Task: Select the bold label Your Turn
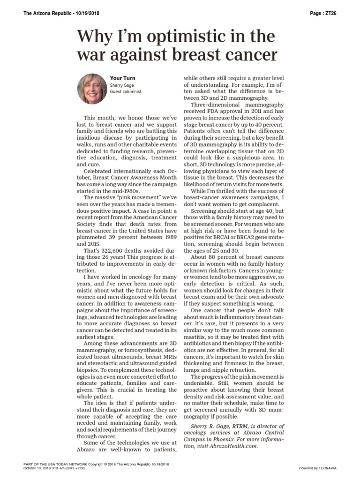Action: point(123,78)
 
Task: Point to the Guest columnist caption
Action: point(126,92)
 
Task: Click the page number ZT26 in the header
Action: point(329,13)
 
